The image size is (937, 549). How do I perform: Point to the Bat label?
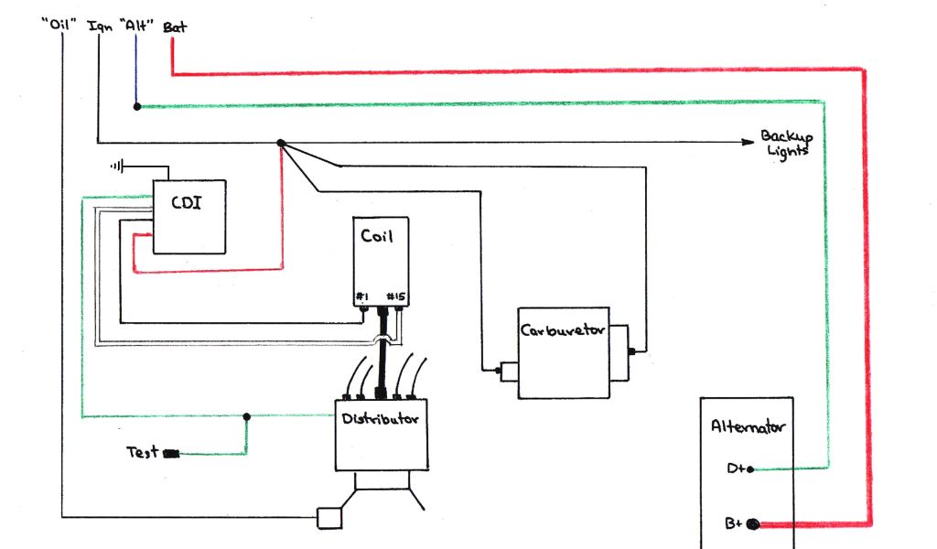[x=174, y=27]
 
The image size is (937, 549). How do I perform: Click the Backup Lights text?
[x=785, y=144]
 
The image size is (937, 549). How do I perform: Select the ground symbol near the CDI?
[x=116, y=167]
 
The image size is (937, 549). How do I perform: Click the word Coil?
[x=376, y=236]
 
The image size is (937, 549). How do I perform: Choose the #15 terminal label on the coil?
[x=396, y=296]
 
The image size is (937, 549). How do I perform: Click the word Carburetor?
[x=562, y=331]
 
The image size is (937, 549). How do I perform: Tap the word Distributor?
[x=380, y=420]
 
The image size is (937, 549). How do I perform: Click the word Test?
[x=141, y=452]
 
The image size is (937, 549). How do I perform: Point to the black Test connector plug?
[x=171, y=453]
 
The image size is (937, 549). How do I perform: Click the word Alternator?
[x=748, y=426]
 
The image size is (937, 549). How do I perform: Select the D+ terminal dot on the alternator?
[x=751, y=469]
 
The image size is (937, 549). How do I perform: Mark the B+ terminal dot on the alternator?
[x=753, y=524]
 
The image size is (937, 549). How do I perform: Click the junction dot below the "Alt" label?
[x=137, y=106]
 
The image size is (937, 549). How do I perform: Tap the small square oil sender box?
[x=328, y=518]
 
